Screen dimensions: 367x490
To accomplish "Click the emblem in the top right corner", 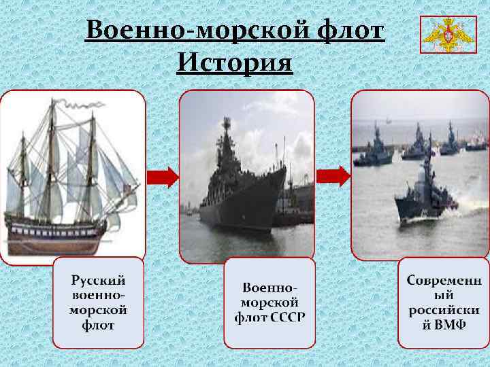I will pyautogui.click(x=446, y=34).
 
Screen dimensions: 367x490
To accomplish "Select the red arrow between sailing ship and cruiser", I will pyautogui.click(x=163, y=177).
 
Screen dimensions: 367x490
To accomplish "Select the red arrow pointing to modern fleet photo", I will pyautogui.click(x=334, y=175).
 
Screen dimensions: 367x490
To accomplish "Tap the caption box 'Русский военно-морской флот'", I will pyautogui.click(x=99, y=302).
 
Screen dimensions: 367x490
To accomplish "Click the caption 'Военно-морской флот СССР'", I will pyautogui.click(x=270, y=302).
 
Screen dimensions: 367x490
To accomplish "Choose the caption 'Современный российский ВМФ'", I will pyautogui.click(x=444, y=302).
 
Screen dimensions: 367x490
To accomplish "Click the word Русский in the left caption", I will pyautogui.click(x=99, y=280).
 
